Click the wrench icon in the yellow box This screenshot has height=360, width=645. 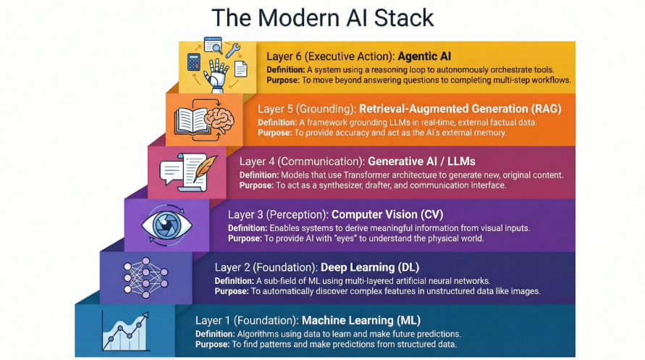(233, 51)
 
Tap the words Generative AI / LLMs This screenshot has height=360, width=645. (422, 162)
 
